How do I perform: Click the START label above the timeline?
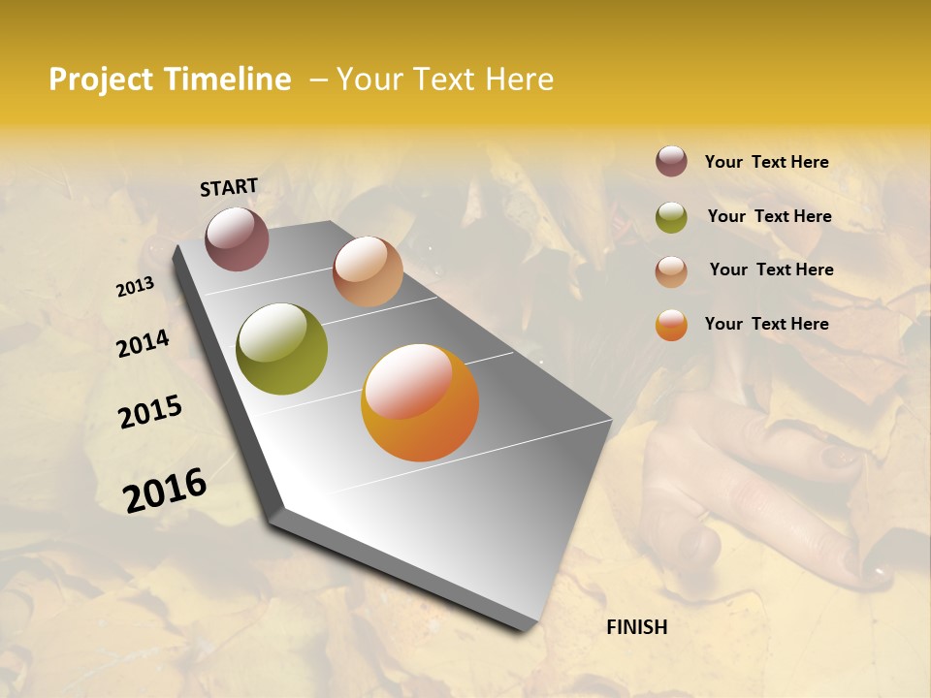pyautogui.click(x=229, y=187)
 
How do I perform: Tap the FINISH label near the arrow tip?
pyautogui.click(x=636, y=627)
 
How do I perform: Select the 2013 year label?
pyautogui.click(x=135, y=287)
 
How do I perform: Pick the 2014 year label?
pyautogui.click(x=143, y=343)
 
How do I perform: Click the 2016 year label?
pyautogui.click(x=165, y=490)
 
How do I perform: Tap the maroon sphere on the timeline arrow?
pyautogui.click(x=237, y=239)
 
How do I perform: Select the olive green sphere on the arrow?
pyautogui.click(x=281, y=349)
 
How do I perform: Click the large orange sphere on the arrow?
pyautogui.click(x=420, y=402)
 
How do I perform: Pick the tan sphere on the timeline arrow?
pyautogui.click(x=368, y=271)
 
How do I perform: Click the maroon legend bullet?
pyautogui.click(x=671, y=162)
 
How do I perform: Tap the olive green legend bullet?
pyautogui.click(x=671, y=217)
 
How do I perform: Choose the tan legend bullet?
pyautogui.click(x=671, y=271)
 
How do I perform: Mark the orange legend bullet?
pyautogui.click(x=671, y=325)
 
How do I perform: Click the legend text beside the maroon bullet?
pyautogui.click(x=766, y=162)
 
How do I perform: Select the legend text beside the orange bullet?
pyautogui.click(x=766, y=324)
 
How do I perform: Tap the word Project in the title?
pyautogui.click(x=101, y=79)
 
